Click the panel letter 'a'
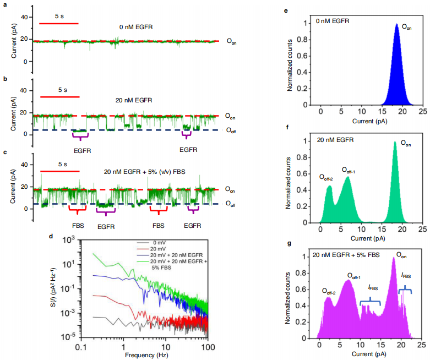click(x=5, y=6)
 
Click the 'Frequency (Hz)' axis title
click(x=145, y=355)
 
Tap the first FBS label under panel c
click(x=78, y=225)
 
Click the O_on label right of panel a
click(x=231, y=41)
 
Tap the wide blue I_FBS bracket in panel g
click(x=371, y=302)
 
